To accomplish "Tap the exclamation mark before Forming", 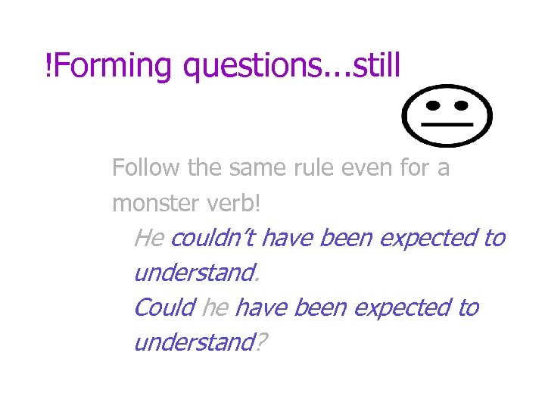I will pos(49,67).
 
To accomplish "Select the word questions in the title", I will pos(251,67).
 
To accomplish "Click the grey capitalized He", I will pos(148,238).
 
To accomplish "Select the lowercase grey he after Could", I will pos(215,308).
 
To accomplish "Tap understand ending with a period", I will pos(194,273).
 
